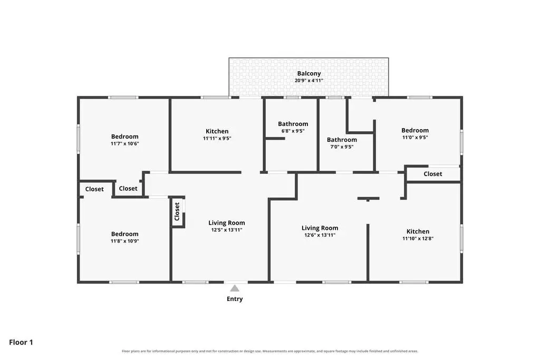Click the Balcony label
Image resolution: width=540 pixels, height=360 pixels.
point(309,73)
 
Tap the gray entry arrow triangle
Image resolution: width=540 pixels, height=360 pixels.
point(235,288)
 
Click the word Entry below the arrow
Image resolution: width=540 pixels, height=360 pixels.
point(235,299)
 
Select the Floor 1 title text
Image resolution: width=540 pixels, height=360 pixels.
point(21,342)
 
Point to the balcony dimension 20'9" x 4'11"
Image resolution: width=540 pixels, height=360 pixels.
point(309,81)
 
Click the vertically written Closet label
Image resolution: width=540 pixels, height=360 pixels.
point(177,211)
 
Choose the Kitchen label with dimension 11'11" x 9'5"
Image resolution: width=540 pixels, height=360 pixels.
point(217,131)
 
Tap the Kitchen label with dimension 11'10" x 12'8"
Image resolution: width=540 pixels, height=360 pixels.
point(418,231)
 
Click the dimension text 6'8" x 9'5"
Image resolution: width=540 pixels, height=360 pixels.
point(293,131)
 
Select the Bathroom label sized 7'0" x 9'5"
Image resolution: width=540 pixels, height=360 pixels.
point(342,139)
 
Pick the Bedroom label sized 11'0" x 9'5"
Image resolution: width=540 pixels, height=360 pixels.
point(415,130)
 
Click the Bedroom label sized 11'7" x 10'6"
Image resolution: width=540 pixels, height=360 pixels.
point(124,137)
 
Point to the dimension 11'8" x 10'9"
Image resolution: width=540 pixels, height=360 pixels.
point(124,241)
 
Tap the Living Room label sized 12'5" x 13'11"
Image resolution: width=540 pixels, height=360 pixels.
point(227,222)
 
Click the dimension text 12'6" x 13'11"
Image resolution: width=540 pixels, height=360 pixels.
point(320,235)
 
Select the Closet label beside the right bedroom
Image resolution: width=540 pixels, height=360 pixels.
point(432,174)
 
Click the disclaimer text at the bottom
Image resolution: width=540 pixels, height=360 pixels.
point(270,351)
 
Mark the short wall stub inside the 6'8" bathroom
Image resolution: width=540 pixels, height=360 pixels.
point(275,138)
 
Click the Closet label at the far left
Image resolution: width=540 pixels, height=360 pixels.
point(94,189)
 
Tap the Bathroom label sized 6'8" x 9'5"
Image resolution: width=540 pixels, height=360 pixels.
point(293,123)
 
